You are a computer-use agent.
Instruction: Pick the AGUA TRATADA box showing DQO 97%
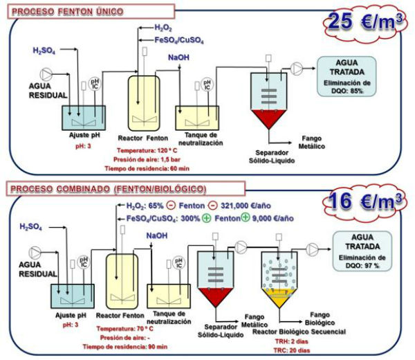pyautogui.click(x=366, y=251)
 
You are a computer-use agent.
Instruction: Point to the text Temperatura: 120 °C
pyautogui.click(x=147, y=150)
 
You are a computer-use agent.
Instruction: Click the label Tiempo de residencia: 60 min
pyautogui.click(x=147, y=168)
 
